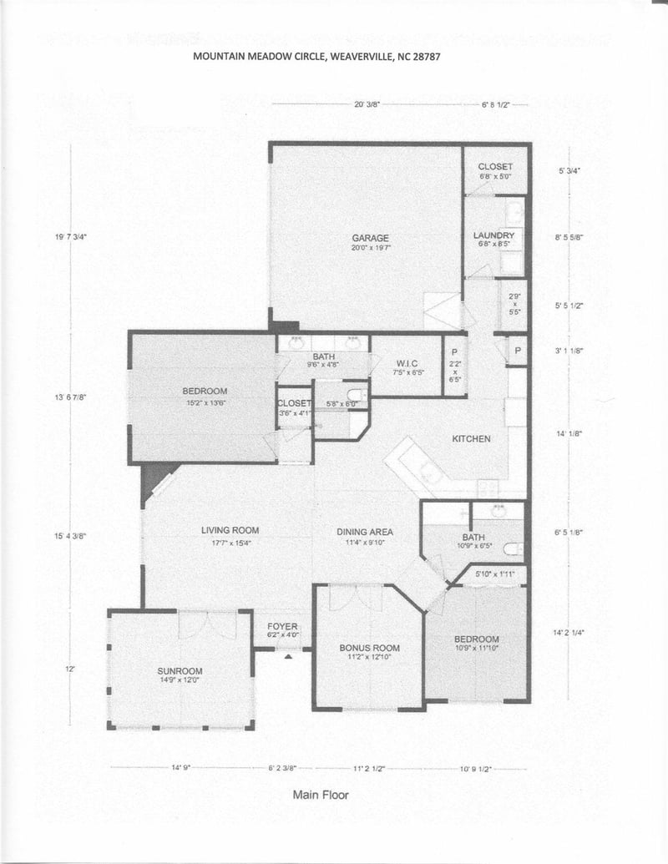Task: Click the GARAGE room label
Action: (x=371, y=238)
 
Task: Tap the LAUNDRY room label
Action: (x=493, y=236)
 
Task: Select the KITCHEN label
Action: (x=471, y=439)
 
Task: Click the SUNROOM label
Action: (x=180, y=671)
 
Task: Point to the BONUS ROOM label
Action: (x=369, y=648)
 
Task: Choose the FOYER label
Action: (x=282, y=626)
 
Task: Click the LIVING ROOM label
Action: (x=230, y=530)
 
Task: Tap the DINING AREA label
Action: (x=365, y=532)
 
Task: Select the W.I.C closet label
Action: (x=407, y=362)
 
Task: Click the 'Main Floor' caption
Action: (x=321, y=795)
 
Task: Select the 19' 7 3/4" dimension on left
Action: (x=71, y=237)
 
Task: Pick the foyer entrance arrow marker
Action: (x=288, y=656)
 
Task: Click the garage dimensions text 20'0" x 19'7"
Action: (x=371, y=248)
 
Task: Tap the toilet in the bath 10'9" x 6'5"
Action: (x=514, y=548)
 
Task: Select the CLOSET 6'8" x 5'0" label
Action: (x=495, y=167)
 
